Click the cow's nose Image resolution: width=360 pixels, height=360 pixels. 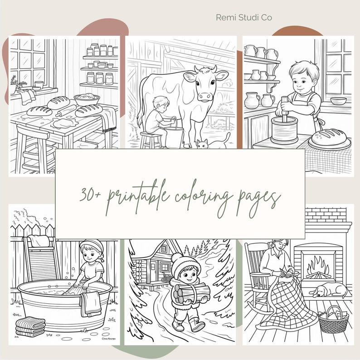coord(205,95)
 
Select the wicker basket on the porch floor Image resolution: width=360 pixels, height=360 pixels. coord(333,320)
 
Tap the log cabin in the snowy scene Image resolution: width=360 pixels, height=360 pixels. coord(159,263)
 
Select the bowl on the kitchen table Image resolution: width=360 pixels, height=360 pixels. coord(87,98)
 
